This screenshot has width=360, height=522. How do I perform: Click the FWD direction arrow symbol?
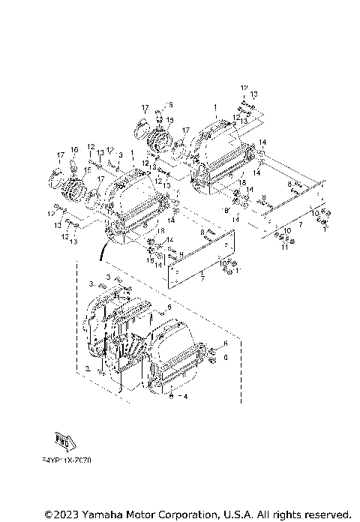tap(67, 439)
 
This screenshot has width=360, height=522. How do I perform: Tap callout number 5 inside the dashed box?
tap(169, 307)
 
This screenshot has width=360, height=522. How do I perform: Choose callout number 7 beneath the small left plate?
tap(202, 278)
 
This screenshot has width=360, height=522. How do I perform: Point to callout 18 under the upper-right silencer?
tap(242, 182)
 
